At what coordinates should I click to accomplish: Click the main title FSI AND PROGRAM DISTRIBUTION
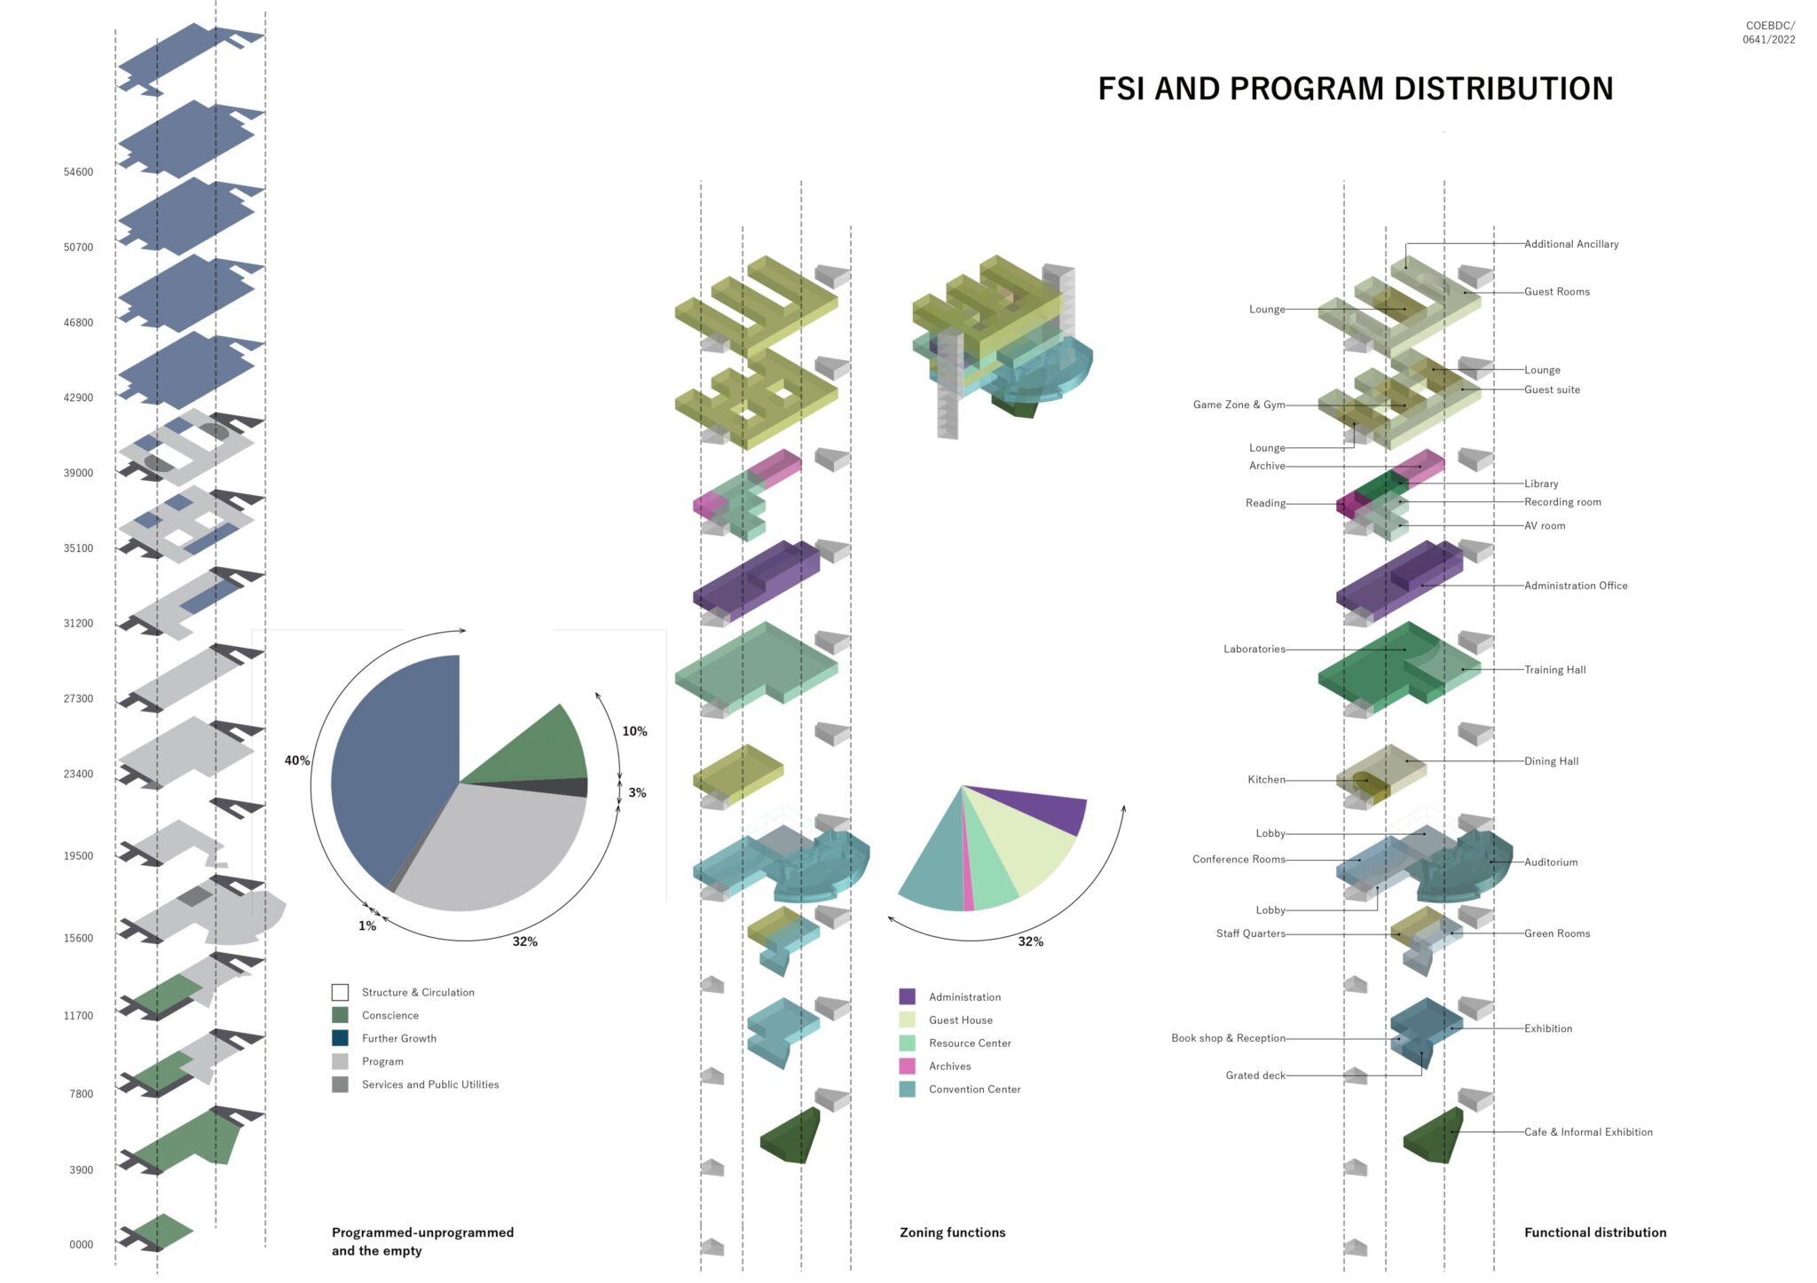(1355, 89)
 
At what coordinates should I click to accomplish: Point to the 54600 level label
(78, 172)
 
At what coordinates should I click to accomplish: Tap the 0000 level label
(81, 1245)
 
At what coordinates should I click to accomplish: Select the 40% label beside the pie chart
(296, 760)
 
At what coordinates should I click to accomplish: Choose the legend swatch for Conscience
(340, 1015)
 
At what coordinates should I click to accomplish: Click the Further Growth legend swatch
(340, 1038)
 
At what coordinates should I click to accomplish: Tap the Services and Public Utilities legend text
(430, 1084)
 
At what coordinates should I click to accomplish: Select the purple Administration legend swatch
(907, 996)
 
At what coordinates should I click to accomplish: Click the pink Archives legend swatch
(907, 1066)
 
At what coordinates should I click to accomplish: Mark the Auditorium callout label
(1551, 862)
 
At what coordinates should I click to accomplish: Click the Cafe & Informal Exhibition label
(1588, 1132)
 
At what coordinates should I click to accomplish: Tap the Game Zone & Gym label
(1239, 405)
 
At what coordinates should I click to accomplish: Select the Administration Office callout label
(1576, 586)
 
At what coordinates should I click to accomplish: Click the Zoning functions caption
(952, 1232)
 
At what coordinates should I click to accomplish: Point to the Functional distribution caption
(1595, 1232)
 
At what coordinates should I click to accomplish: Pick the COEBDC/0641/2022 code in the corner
(1769, 33)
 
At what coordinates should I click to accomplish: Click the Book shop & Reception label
(1228, 1038)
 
